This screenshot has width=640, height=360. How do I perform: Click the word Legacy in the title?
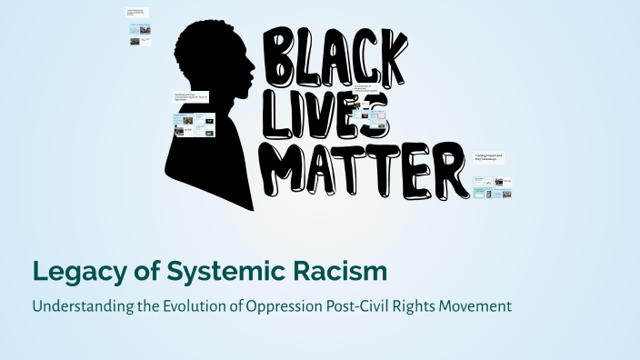71,271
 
